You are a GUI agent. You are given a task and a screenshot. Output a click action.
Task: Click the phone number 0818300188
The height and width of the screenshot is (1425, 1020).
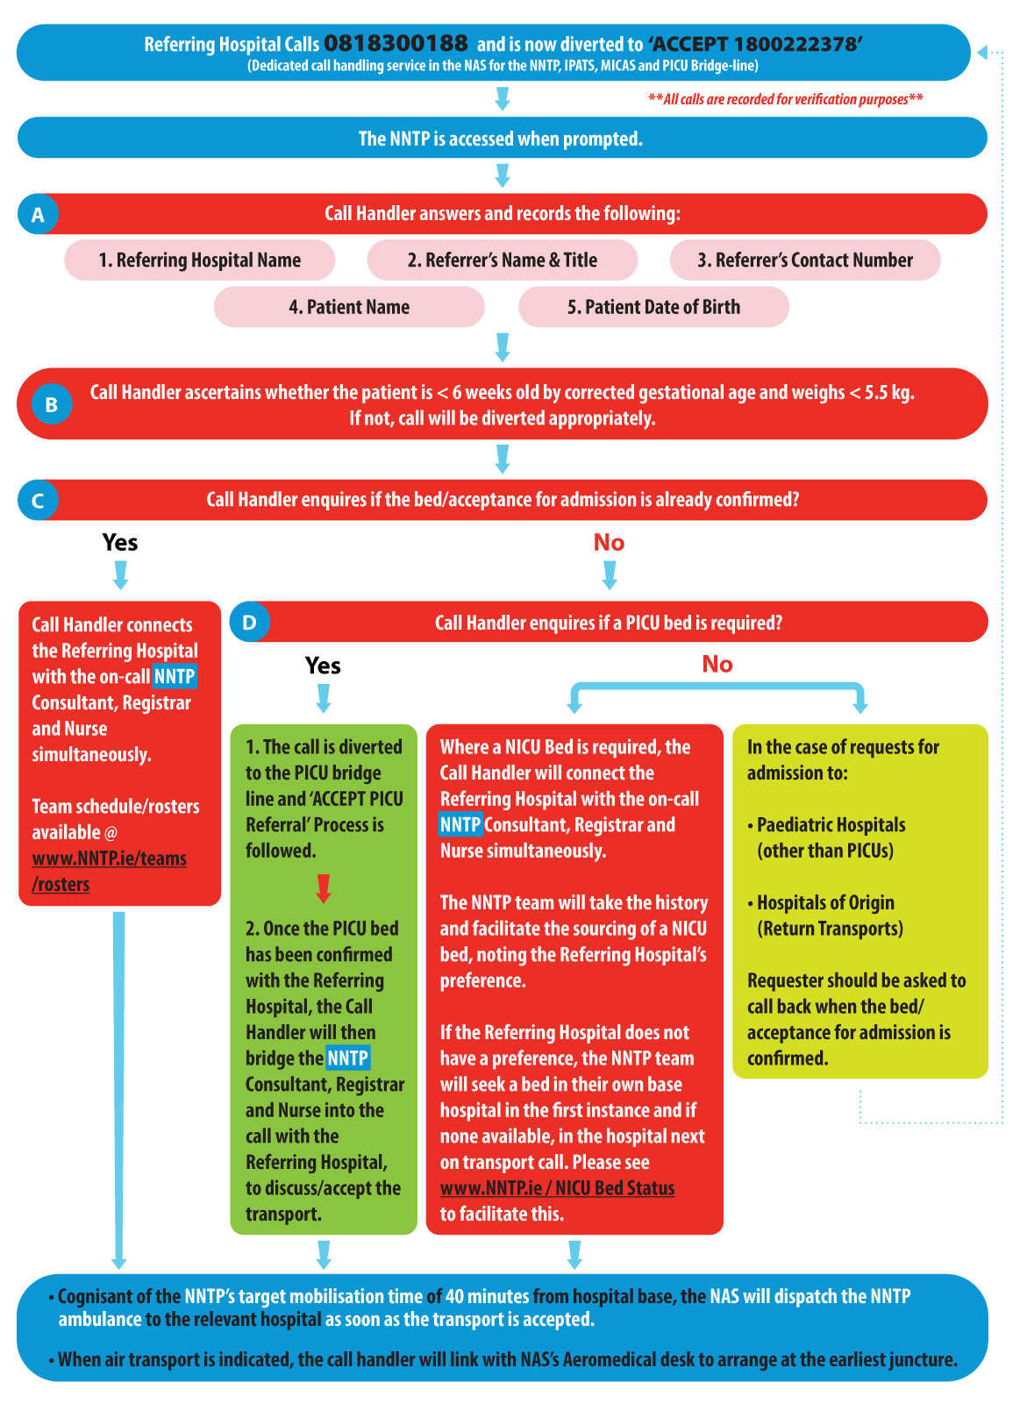[x=396, y=43]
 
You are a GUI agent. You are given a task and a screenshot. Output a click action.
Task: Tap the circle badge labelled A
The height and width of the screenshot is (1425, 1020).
[x=39, y=214]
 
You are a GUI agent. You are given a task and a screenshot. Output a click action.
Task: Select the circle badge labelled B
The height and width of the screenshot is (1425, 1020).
[x=52, y=404]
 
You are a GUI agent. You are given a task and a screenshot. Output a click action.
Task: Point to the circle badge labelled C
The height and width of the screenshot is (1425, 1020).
[x=39, y=500]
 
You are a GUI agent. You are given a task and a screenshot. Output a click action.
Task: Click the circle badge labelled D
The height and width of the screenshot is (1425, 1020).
[x=249, y=622]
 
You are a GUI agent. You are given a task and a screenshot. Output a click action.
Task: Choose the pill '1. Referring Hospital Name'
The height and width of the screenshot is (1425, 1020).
[x=199, y=260]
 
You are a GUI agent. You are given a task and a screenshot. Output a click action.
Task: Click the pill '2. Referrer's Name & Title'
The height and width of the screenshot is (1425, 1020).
[x=502, y=260]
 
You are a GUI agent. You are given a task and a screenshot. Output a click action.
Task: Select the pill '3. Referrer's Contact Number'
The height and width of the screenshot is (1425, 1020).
[x=805, y=260]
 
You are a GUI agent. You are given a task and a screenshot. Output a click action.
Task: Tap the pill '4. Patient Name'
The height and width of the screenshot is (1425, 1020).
[x=349, y=307]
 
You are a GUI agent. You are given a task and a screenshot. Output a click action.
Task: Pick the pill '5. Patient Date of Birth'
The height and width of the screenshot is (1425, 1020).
[x=653, y=307]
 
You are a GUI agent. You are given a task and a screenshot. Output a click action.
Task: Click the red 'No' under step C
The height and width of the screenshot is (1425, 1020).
[x=609, y=543]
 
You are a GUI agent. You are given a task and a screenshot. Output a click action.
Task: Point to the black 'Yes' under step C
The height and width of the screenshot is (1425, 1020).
[x=119, y=543]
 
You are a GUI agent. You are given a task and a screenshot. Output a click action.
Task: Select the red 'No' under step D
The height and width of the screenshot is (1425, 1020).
[x=717, y=664]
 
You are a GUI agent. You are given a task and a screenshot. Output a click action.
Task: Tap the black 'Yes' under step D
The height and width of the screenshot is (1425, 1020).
[x=323, y=666]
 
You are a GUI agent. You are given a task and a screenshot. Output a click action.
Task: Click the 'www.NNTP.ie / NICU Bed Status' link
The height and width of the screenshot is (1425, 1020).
[x=557, y=1187]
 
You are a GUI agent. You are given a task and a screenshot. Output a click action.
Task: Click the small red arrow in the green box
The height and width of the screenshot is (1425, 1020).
[x=324, y=888]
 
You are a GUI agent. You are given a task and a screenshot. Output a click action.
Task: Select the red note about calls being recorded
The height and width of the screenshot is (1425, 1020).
[x=785, y=98]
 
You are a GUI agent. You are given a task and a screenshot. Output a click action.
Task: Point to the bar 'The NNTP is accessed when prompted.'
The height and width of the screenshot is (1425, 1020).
[x=502, y=138]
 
